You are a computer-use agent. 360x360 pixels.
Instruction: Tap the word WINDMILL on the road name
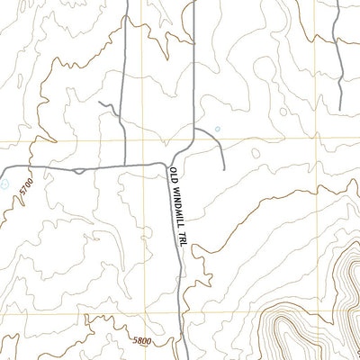pos(176,208)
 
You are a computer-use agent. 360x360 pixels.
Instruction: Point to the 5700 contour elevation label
pos(27,189)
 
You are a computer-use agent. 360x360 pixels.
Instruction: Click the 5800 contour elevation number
pos(139,342)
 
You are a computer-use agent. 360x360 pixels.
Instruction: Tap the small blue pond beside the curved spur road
pos(217,129)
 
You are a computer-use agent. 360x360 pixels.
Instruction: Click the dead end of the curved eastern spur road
pos(222,167)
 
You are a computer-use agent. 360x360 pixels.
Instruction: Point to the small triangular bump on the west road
pos(79,169)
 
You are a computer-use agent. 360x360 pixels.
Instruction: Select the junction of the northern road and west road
pos(126,166)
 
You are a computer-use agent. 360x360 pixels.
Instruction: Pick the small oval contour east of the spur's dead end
pos(256,153)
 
